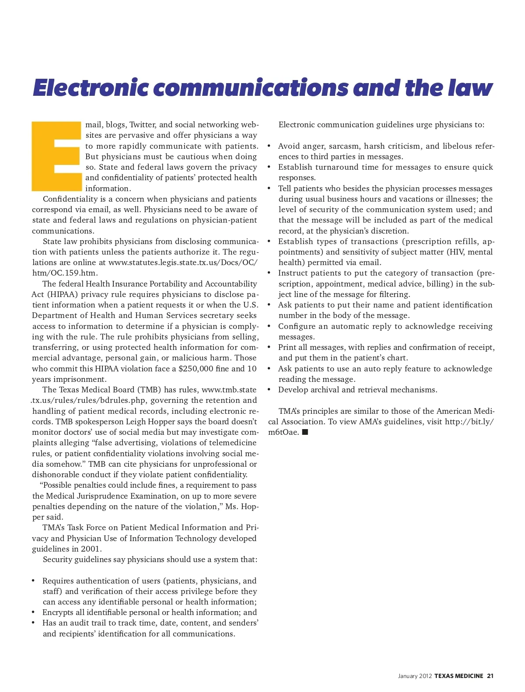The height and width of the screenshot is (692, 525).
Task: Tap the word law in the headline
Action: (470, 88)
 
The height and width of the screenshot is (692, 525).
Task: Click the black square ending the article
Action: (305, 432)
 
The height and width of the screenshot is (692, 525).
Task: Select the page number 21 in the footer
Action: (490, 676)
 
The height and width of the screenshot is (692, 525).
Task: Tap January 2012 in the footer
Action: (415, 676)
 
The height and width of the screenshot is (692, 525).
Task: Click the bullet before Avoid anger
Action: (269, 146)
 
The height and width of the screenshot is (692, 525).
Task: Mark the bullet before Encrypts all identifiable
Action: (33, 612)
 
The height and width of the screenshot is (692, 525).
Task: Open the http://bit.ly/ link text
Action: (469, 422)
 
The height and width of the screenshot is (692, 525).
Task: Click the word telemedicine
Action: (231, 443)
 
